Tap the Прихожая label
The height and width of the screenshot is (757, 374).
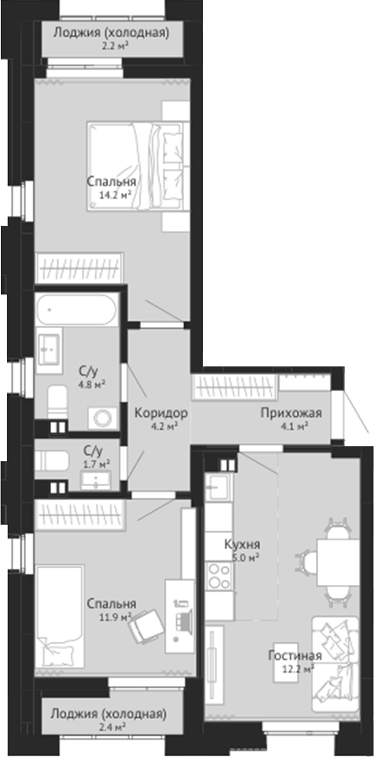point(291,413)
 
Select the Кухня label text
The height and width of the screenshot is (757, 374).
point(242,545)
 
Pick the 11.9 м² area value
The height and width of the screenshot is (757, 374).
point(114,616)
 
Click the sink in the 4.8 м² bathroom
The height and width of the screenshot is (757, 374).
point(51,348)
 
